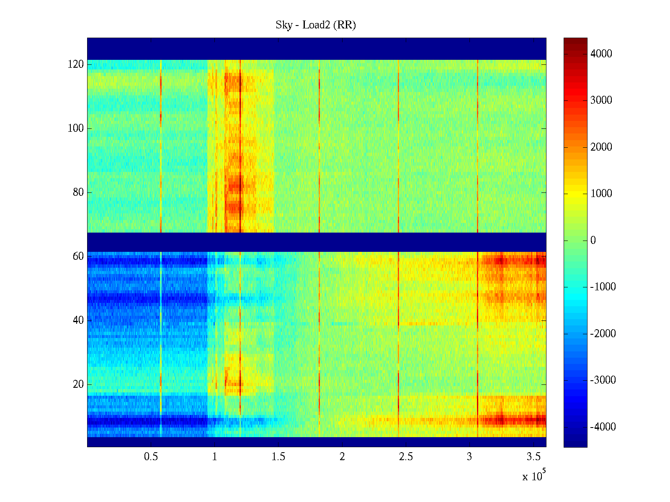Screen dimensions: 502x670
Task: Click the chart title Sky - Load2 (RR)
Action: tap(316, 25)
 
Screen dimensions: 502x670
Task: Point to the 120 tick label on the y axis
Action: tap(76, 64)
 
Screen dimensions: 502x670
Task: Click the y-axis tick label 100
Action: tap(76, 128)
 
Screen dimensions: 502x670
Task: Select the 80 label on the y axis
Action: tap(78, 192)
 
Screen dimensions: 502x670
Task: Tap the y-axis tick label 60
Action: tap(78, 256)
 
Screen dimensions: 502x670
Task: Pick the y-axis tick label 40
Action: tap(78, 320)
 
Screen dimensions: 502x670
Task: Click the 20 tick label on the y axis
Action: tap(78, 384)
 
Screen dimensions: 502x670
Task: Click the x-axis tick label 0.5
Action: tap(151, 457)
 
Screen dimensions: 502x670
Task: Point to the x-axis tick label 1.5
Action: tap(278, 457)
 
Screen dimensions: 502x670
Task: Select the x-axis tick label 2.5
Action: tap(406, 457)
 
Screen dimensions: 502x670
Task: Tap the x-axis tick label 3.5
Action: tap(533, 457)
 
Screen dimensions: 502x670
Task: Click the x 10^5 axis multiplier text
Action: tap(534, 476)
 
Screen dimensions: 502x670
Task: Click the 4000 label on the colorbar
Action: tap(601, 54)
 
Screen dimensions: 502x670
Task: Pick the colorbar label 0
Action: tap(593, 241)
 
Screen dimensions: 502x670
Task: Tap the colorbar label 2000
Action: tap(601, 147)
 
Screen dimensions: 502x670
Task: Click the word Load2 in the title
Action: tap(314, 25)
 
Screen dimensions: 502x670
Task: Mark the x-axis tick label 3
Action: tap(469, 457)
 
